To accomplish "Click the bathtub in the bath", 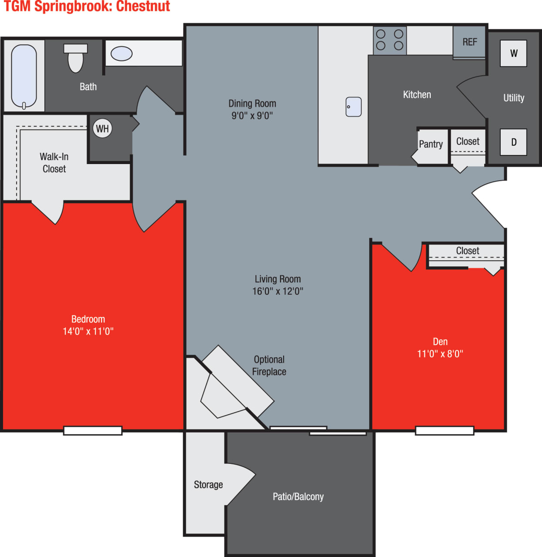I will [x=24, y=76].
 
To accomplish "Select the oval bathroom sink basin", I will [x=121, y=54].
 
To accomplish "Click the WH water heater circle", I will [x=103, y=129].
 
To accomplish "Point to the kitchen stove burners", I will [x=390, y=40].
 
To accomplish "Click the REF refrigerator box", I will [x=469, y=42].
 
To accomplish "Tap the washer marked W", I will [x=513, y=53].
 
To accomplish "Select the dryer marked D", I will [x=513, y=142].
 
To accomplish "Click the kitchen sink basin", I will [x=354, y=107].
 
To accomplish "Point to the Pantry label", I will [x=431, y=144].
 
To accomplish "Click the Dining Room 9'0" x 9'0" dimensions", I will [x=252, y=115].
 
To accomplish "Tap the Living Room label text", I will [x=278, y=279].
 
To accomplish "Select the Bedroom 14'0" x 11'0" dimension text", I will [x=88, y=331].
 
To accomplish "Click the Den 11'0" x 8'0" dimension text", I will [x=440, y=354].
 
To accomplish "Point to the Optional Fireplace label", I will [x=269, y=366].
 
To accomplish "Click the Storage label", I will [x=208, y=485].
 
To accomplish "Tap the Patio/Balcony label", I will [x=298, y=497].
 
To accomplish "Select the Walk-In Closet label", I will [x=54, y=163].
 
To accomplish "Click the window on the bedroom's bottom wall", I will [x=93, y=430].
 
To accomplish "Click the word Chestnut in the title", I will [x=143, y=7].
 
